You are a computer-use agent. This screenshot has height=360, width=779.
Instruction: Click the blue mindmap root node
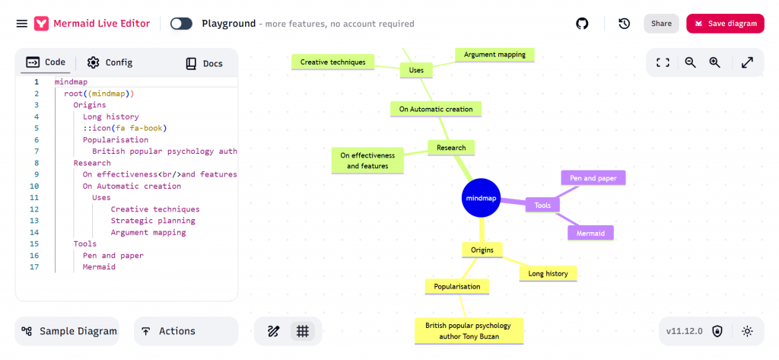click(481, 198)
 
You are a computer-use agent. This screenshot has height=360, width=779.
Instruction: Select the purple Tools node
click(542, 205)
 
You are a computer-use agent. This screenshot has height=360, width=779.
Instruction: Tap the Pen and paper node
click(593, 178)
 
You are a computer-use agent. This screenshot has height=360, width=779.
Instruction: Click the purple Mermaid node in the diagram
click(590, 233)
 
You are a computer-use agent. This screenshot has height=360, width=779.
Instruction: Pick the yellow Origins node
click(482, 250)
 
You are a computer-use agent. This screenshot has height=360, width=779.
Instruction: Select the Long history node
click(548, 272)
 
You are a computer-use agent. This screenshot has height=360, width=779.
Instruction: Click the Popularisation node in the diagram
click(456, 286)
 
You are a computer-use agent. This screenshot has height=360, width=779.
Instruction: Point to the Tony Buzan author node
click(469, 330)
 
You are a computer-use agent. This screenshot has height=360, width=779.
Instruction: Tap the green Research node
click(451, 148)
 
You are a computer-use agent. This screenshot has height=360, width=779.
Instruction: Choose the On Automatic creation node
click(436, 109)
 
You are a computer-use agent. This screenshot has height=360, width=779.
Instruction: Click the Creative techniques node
click(332, 62)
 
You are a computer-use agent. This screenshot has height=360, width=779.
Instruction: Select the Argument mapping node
click(494, 54)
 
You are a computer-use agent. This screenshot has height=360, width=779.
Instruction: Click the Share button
click(661, 24)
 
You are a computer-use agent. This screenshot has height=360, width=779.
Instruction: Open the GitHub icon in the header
click(583, 24)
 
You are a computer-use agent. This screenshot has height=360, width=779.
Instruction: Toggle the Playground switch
click(181, 24)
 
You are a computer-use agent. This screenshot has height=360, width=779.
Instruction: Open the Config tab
click(110, 62)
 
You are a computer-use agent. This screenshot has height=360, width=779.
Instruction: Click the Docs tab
click(205, 63)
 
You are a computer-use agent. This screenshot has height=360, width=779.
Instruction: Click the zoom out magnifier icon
click(690, 62)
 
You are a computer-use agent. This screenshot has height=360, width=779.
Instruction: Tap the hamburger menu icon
click(22, 24)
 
